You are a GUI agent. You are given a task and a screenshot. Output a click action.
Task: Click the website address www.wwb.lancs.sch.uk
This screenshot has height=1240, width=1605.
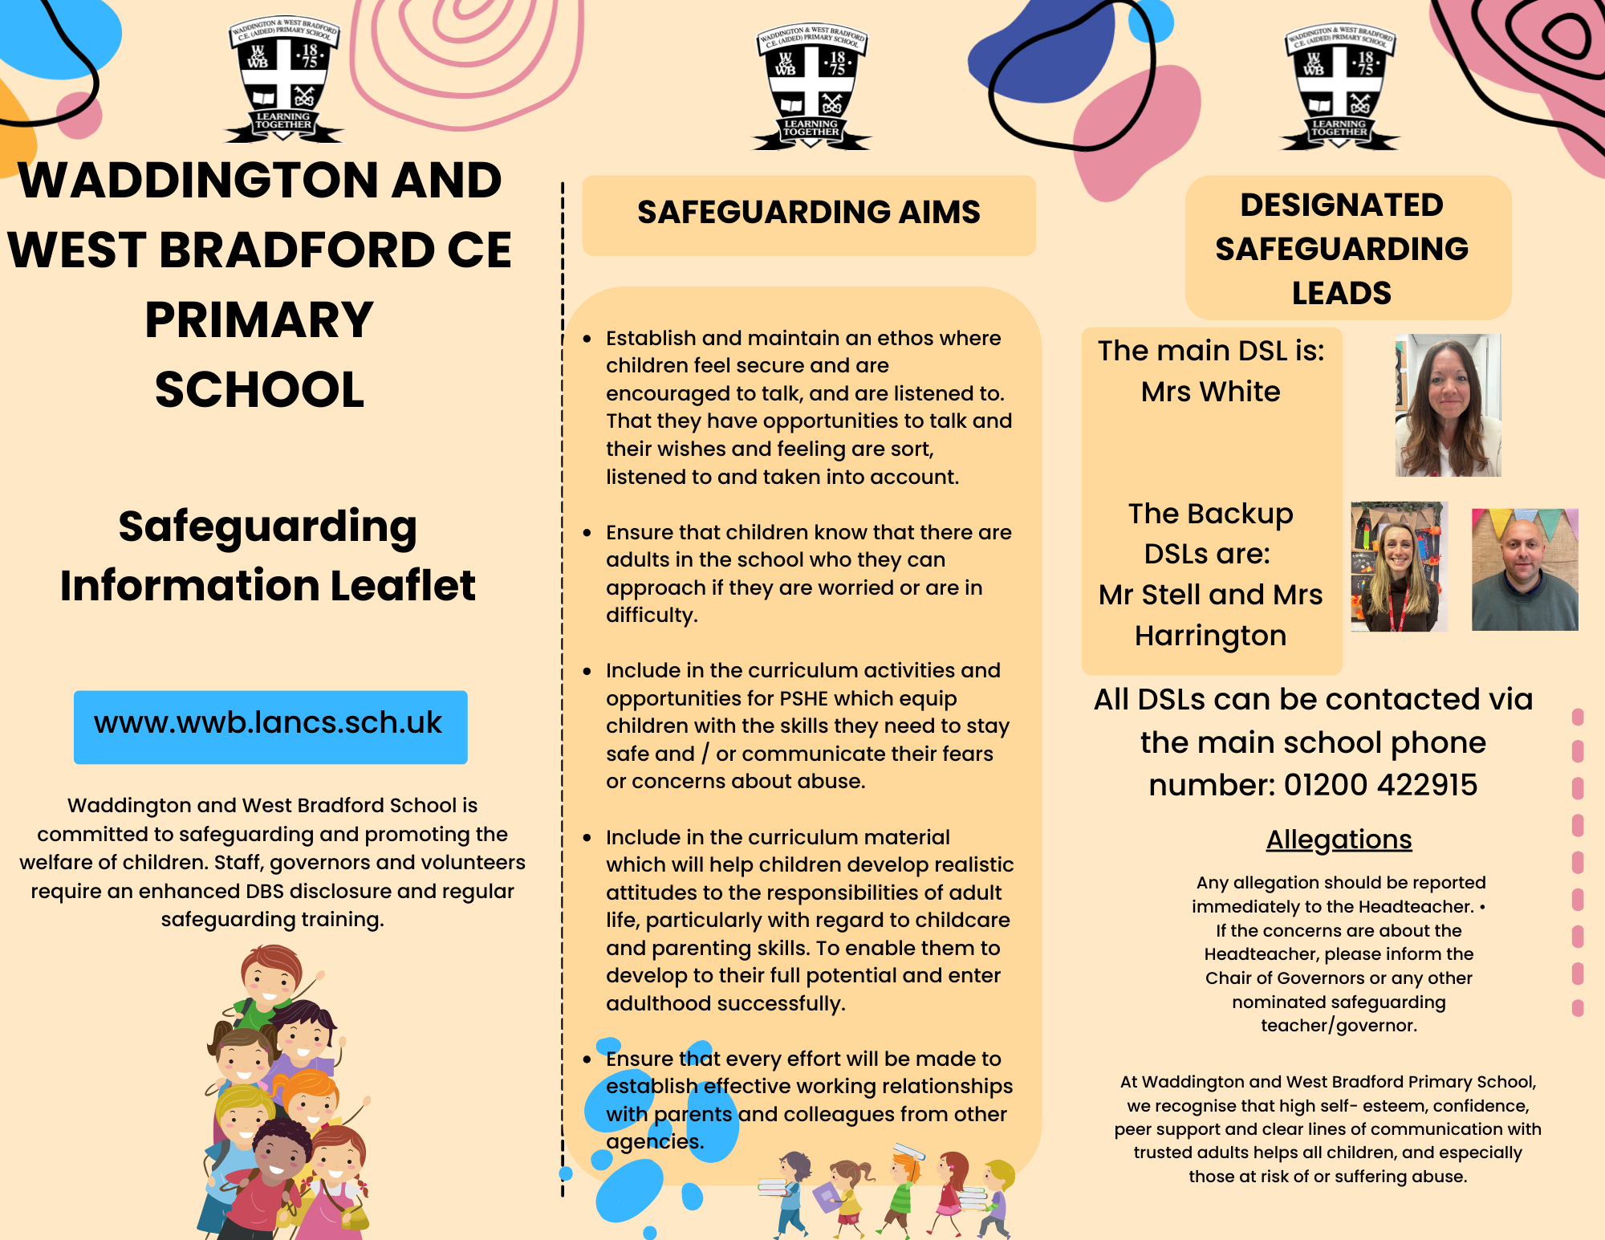[x=268, y=724]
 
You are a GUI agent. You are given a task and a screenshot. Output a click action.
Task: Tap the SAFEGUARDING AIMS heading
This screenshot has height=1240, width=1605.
[x=808, y=213]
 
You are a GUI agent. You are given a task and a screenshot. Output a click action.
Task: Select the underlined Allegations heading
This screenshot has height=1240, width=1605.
[x=1339, y=840]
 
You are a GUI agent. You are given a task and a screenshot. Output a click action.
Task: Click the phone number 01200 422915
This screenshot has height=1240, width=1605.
[x=1380, y=785]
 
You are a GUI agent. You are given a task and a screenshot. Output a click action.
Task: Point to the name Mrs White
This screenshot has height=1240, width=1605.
[x=1210, y=392]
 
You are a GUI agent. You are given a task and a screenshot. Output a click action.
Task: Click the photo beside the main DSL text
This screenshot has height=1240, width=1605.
[x=1448, y=405]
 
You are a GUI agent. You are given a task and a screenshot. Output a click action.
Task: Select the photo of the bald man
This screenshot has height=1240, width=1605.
[x=1524, y=569]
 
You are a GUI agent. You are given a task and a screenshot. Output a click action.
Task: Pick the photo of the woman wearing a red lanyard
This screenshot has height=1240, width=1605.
[x=1399, y=567]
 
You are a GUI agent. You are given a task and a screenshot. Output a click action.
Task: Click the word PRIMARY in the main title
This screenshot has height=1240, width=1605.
[x=259, y=320]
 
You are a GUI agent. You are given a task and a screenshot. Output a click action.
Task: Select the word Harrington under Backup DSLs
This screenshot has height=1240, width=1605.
[x=1210, y=636]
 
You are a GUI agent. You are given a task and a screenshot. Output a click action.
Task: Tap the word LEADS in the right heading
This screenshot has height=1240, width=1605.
[x=1341, y=293]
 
